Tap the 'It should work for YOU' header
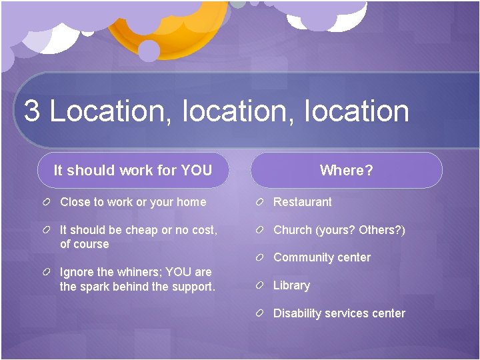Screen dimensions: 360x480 [x=133, y=170]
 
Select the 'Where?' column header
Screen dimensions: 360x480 [x=346, y=170]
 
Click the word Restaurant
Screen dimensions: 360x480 [x=302, y=202]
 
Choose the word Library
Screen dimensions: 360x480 [x=291, y=285]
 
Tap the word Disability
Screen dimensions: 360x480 [x=297, y=313]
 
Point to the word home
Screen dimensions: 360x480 [x=191, y=202]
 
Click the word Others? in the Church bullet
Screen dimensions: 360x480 [x=382, y=230]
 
